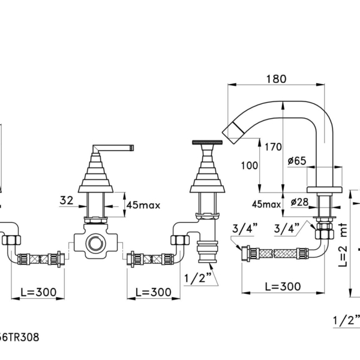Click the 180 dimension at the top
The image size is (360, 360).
click(276, 79)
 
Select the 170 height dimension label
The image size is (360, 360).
click(273, 147)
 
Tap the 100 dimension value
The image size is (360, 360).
click(250, 166)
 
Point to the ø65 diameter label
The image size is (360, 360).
click(297, 161)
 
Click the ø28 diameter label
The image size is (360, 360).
click(299, 202)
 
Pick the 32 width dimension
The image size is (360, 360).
click(67, 200)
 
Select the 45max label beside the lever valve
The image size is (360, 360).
click(143, 205)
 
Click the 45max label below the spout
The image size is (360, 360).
click(266, 204)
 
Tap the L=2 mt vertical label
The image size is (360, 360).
click(343, 245)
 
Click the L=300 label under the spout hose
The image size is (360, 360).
click(283, 286)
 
